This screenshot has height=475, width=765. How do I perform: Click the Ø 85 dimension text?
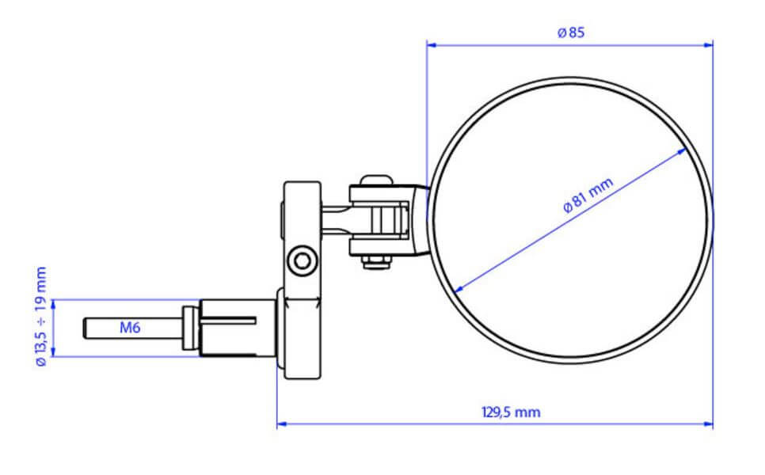(x=570, y=32)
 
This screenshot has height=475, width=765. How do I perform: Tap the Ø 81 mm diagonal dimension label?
(x=588, y=196)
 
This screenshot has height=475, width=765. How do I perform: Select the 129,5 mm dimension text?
(x=511, y=412)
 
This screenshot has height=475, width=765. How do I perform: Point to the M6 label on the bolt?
(x=130, y=327)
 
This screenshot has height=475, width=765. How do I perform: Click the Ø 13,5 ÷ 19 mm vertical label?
(x=41, y=316)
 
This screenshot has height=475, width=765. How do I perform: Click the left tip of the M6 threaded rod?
(x=86, y=328)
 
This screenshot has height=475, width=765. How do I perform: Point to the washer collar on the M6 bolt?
(x=189, y=328)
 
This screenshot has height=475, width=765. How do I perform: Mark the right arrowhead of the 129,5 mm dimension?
(x=709, y=425)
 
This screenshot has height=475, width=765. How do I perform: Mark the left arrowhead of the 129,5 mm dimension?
(x=281, y=425)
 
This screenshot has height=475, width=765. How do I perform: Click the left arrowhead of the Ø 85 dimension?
(x=431, y=45)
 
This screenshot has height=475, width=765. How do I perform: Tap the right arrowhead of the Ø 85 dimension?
(x=709, y=45)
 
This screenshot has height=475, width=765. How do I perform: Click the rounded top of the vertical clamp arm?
(x=302, y=187)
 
